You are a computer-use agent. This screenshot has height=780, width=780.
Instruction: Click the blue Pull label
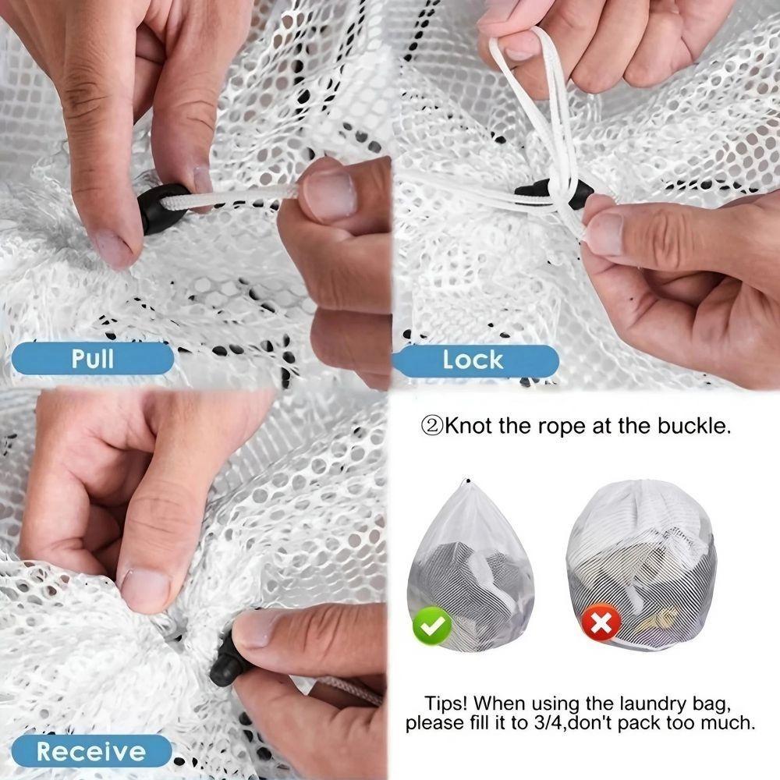pos(92,360)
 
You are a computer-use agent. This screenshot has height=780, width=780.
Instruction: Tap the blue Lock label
pos(473,360)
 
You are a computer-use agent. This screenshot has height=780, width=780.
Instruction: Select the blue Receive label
pos(90,751)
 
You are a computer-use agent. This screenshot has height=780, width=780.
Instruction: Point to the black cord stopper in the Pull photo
pos(162,209)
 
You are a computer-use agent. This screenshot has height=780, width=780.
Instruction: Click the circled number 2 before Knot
pos(432,426)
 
